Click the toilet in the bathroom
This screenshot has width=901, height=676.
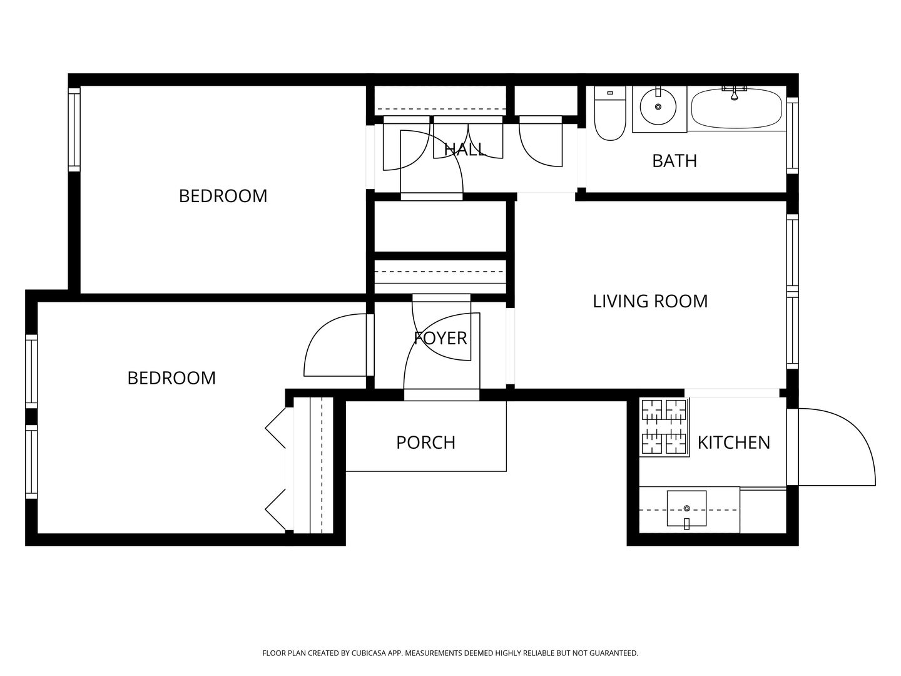click(x=610, y=113)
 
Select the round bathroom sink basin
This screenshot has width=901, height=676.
click(x=658, y=106)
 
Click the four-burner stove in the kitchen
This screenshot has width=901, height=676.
click(x=664, y=427)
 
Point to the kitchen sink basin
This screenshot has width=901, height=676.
click(x=686, y=508)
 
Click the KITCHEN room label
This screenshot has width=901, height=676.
click(x=733, y=443)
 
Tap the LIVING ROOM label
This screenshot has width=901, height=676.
click(x=650, y=301)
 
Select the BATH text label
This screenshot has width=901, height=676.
click(x=674, y=161)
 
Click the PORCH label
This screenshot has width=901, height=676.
click(x=425, y=443)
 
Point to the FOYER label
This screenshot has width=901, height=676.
click(x=440, y=338)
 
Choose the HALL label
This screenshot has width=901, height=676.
click(x=465, y=149)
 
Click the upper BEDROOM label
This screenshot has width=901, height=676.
click(x=223, y=196)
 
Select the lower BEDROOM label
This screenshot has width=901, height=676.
click(x=171, y=378)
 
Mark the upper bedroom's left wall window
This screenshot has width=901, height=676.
click(x=74, y=130)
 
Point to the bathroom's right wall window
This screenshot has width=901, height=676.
click(x=793, y=135)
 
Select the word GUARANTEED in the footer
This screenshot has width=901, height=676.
click(x=614, y=653)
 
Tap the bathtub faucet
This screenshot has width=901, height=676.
click(x=735, y=94)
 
